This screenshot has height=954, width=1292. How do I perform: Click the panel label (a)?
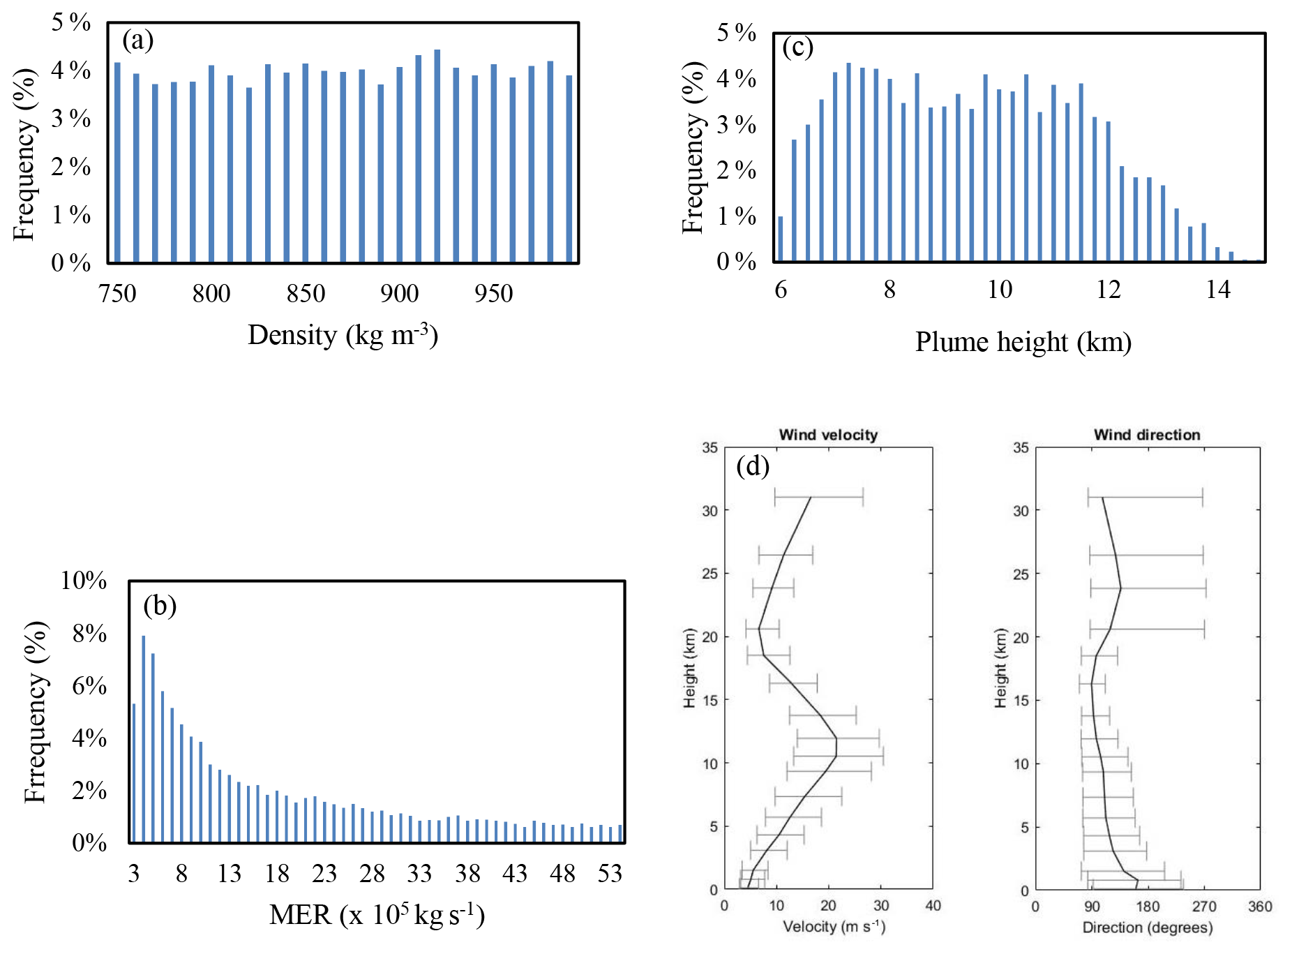click(x=137, y=40)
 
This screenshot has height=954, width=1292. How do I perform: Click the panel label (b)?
click(x=160, y=605)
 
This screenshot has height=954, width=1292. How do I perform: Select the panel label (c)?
click(x=797, y=47)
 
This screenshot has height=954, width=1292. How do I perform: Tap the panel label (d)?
click(x=753, y=465)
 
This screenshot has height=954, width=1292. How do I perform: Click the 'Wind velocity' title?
click(x=828, y=435)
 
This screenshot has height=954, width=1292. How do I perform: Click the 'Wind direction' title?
click(x=1147, y=435)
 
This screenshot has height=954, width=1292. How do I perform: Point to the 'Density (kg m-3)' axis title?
click(x=343, y=336)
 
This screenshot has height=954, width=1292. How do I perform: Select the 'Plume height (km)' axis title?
click(x=1023, y=342)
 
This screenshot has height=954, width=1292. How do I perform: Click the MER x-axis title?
click(x=377, y=914)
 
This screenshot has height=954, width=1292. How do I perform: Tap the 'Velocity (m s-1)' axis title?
click(x=834, y=927)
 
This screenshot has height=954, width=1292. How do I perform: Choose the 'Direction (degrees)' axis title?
click(x=1148, y=927)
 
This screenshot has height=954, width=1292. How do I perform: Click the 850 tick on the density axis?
click(x=306, y=294)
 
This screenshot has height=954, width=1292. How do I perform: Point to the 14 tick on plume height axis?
click(x=1218, y=289)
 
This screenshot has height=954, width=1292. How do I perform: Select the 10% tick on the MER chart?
click(x=84, y=581)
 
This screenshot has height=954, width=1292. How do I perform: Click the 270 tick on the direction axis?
click(x=1204, y=907)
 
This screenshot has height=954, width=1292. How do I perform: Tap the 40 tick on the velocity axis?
click(x=933, y=906)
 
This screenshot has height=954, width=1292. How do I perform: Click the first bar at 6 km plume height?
click(x=781, y=239)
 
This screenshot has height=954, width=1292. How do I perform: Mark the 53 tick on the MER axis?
click(x=610, y=874)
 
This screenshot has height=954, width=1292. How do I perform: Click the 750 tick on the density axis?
click(x=118, y=294)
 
